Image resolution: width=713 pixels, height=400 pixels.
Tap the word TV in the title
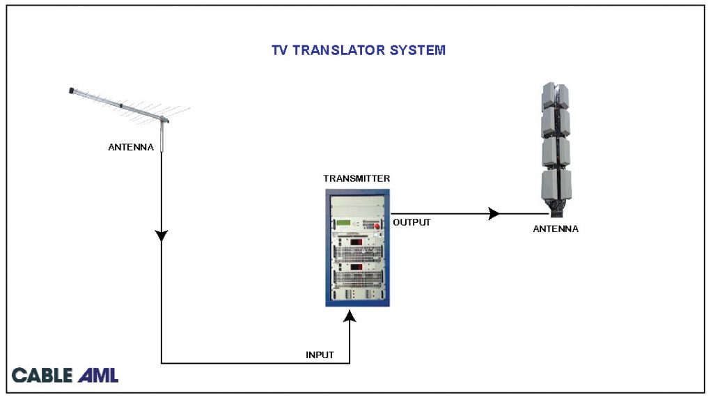[280, 51]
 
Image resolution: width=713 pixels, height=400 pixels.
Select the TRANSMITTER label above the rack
[356, 178]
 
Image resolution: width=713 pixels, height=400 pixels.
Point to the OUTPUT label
[412, 223]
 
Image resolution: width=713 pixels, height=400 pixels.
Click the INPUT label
[320, 355]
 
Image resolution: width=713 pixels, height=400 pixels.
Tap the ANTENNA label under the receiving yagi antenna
[131, 147]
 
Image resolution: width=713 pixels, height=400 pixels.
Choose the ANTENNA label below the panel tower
[555, 229]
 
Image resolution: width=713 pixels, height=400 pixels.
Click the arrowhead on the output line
[494, 213]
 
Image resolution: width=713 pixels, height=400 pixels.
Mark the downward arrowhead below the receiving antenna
[162, 236]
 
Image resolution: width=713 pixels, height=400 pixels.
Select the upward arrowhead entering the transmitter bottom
[350, 318]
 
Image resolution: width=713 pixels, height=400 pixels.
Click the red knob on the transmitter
[379, 226]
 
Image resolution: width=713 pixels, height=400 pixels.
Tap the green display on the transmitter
[345, 224]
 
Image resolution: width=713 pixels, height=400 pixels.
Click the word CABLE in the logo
[42, 376]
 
